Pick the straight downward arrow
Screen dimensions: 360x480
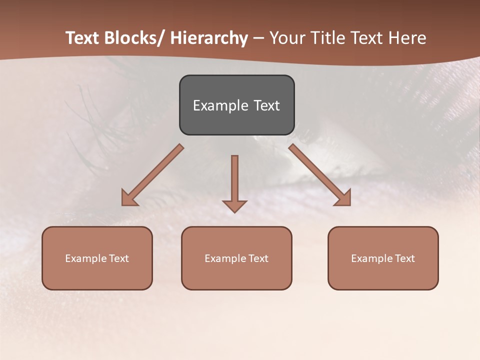tap(234, 180)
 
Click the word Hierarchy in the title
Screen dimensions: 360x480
tap(209, 38)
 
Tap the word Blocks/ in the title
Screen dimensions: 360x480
tap(134, 38)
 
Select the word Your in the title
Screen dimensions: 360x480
tap(287, 38)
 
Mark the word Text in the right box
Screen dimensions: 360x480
tap(404, 258)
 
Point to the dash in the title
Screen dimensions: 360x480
tap(258, 38)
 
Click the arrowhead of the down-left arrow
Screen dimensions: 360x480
tap(129, 198)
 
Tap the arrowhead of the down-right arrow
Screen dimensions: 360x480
tap(343, 198)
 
